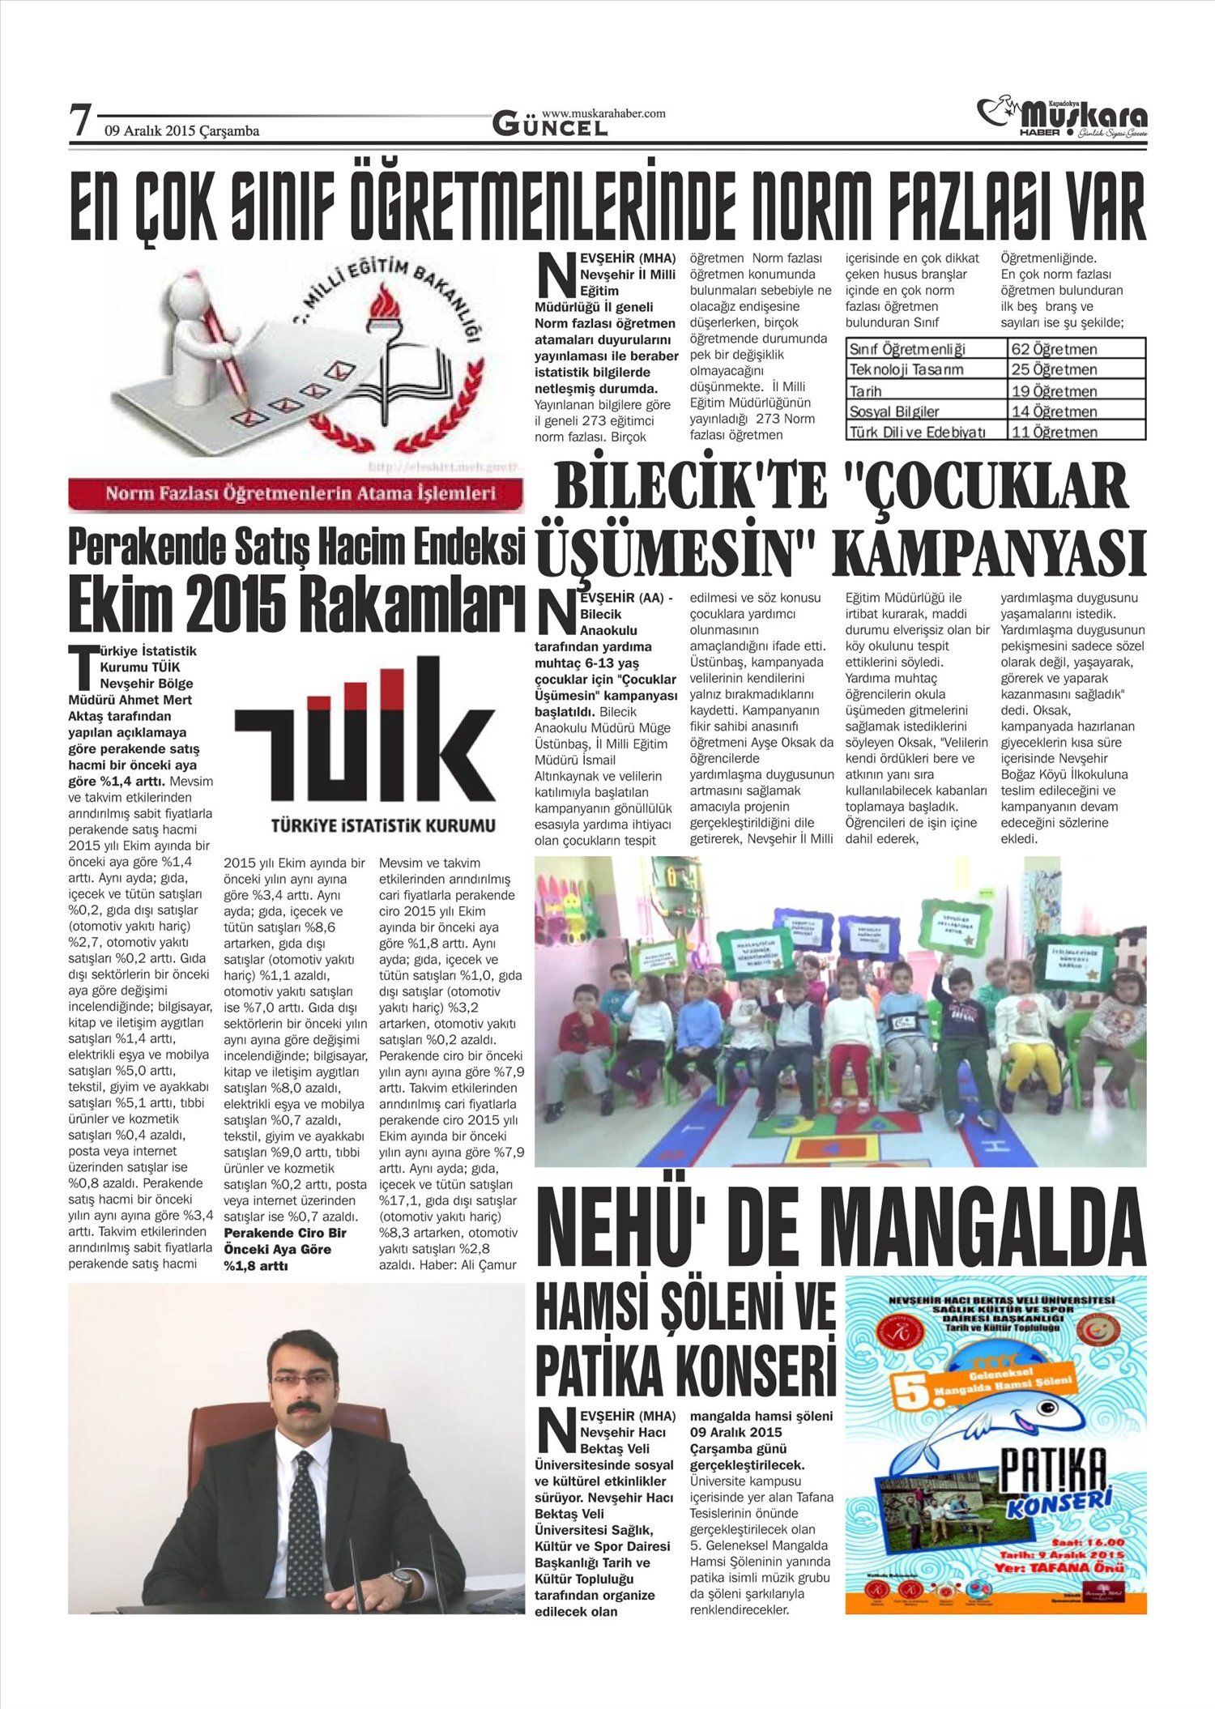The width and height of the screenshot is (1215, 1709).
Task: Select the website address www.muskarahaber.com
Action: click(603, 113)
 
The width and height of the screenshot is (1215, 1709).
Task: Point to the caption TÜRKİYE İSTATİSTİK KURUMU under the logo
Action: click(383, 826)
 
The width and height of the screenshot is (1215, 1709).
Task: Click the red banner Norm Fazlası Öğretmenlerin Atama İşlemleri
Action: click(296, 493)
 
